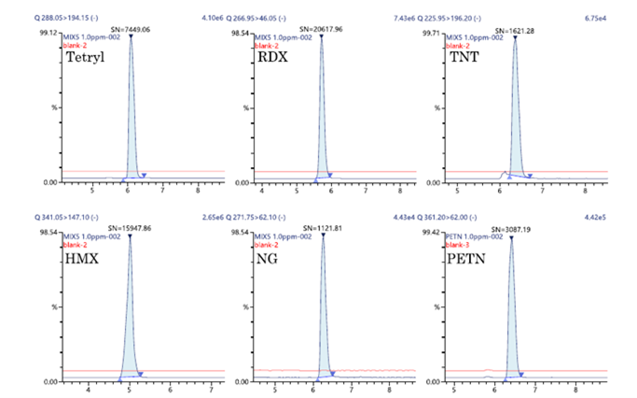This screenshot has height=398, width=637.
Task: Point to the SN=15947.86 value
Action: pyautogui.click(x=132, y=228)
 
